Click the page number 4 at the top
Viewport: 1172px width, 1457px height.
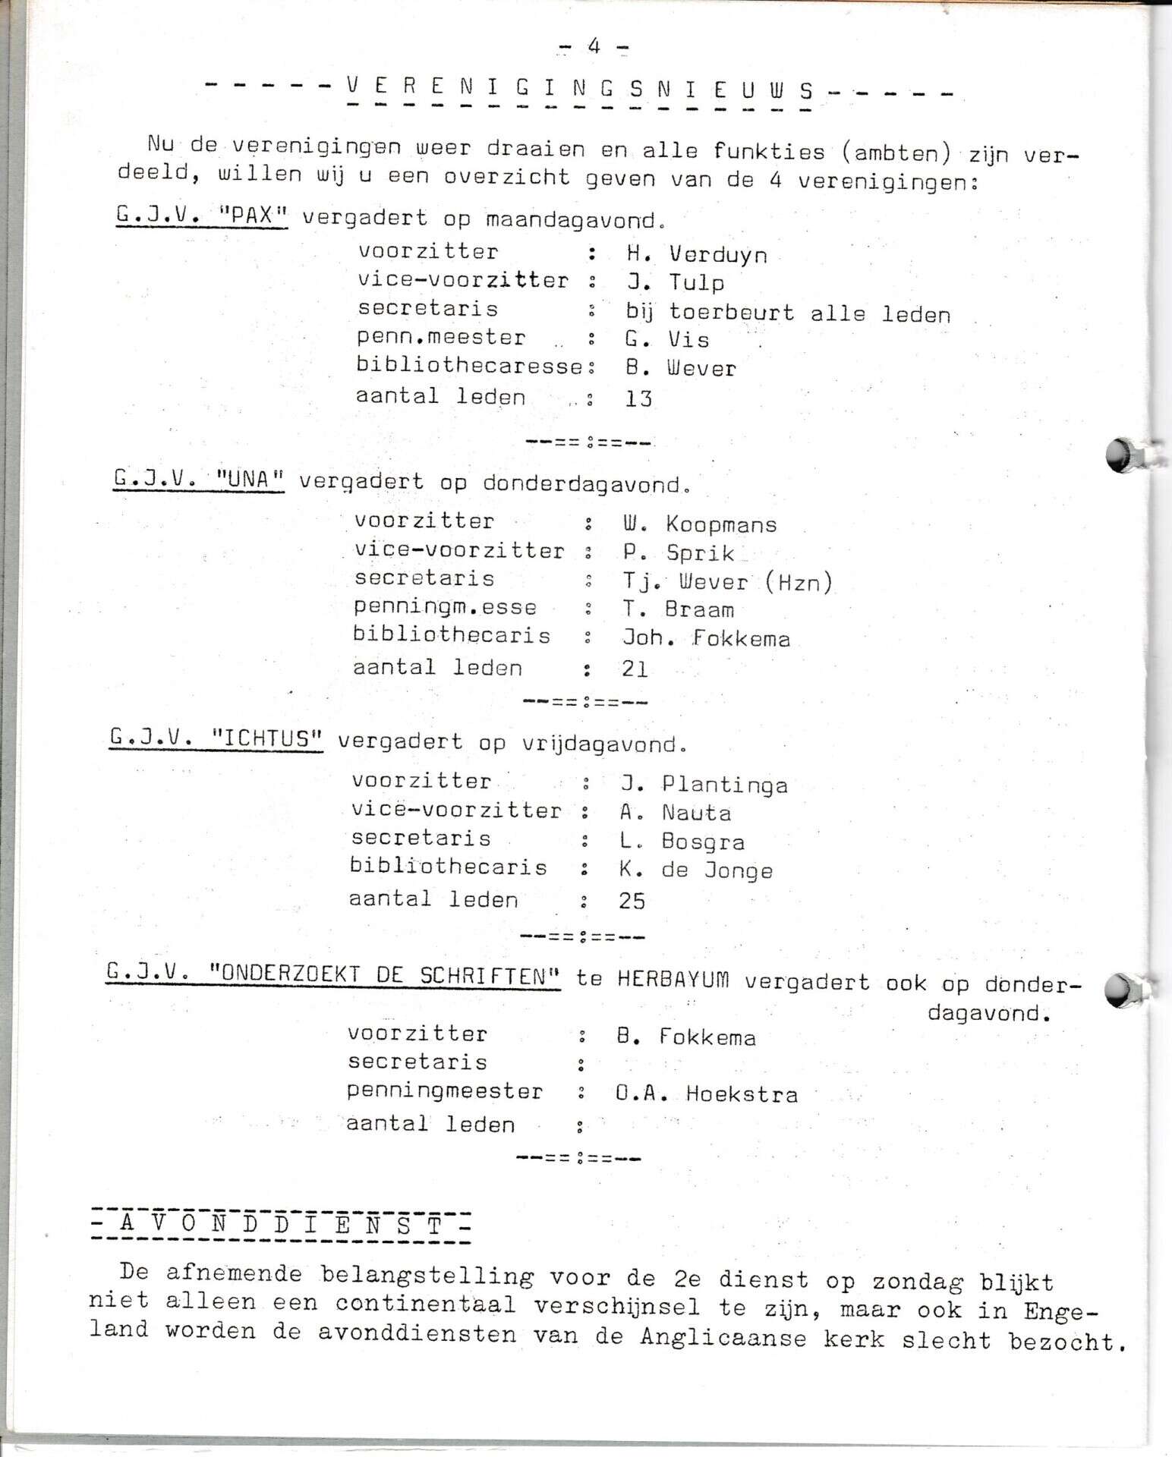594,47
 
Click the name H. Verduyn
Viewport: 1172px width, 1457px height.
697,254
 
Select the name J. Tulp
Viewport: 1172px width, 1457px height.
675,282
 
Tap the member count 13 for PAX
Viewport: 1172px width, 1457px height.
638,398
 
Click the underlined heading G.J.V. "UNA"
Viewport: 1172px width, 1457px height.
199,480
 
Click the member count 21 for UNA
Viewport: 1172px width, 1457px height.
635,669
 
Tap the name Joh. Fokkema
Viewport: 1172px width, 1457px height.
706,638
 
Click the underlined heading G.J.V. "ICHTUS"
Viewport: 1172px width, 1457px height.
216,738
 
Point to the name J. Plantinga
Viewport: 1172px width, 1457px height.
704,784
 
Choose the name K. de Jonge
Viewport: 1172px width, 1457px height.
696,870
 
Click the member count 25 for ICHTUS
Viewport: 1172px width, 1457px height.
632,901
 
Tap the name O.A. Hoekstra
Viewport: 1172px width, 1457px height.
707,1094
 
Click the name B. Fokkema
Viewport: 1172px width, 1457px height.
686,1037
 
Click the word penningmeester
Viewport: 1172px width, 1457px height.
445,1092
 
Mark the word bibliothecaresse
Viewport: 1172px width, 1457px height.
470,366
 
